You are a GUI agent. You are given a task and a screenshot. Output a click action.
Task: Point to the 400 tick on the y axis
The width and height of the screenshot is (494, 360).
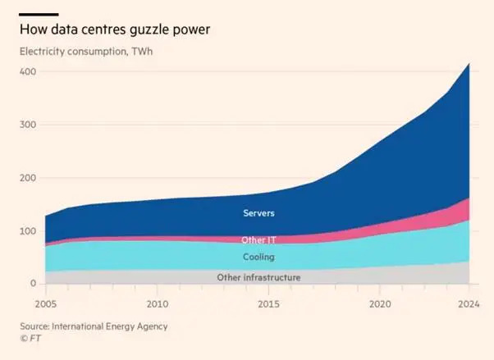[28, 71]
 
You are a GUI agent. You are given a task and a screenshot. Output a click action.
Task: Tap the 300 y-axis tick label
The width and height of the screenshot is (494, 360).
[28, 125]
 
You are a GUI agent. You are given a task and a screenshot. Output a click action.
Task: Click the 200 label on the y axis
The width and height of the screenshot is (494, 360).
[28, 178]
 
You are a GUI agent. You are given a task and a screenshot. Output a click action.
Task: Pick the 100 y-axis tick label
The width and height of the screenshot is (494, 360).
[28, 231]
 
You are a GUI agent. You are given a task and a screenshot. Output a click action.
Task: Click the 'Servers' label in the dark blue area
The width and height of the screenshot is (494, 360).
[259, 213]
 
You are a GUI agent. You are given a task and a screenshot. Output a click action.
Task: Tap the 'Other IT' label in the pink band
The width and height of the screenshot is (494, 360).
[259, 240]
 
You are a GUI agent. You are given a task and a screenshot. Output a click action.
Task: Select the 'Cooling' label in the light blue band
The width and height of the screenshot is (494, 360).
[259, 257]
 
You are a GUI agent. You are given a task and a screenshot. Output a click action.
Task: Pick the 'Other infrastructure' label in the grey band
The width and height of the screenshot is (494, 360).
[258, 278]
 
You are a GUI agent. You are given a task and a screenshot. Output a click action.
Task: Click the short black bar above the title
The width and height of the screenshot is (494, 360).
[38, 14]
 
